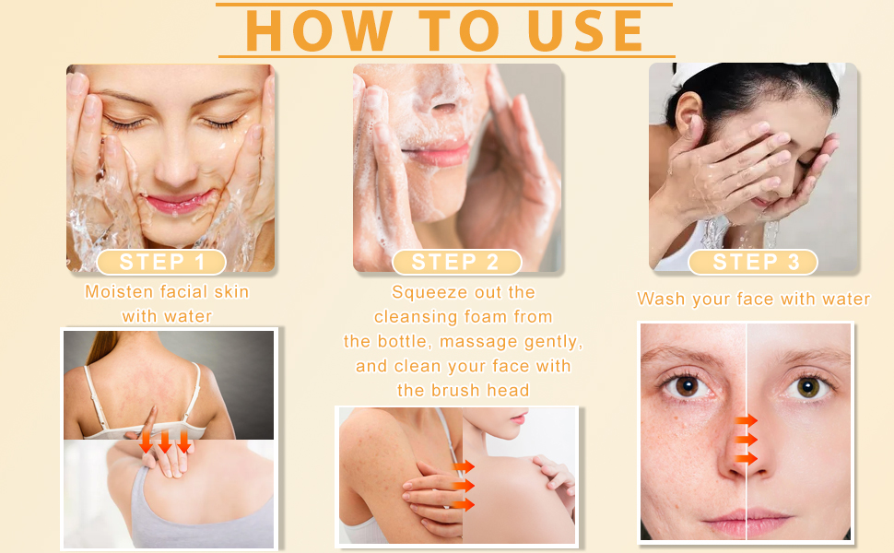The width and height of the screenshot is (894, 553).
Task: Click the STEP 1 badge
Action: (x=161, y=262)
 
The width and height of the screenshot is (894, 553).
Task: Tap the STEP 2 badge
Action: (x=456, y=262)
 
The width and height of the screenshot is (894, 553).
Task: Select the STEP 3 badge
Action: (x=752, y=262)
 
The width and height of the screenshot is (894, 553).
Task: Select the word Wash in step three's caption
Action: (x=660, y=299)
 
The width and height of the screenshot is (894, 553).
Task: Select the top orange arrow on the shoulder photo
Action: (x=464, y=465)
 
